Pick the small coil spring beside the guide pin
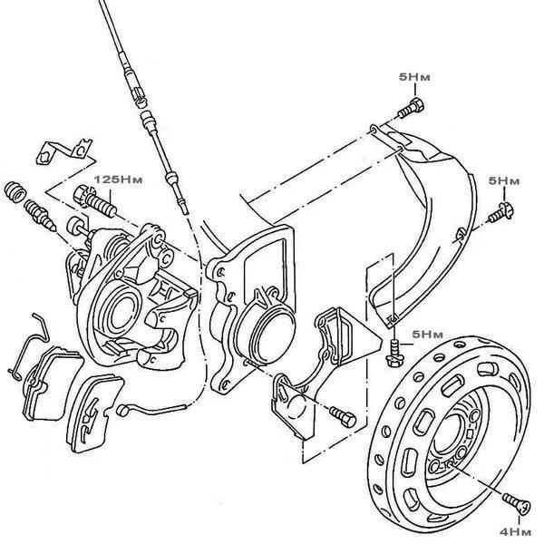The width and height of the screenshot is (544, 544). point(15,192)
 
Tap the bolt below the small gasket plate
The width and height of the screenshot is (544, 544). point(345,416)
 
